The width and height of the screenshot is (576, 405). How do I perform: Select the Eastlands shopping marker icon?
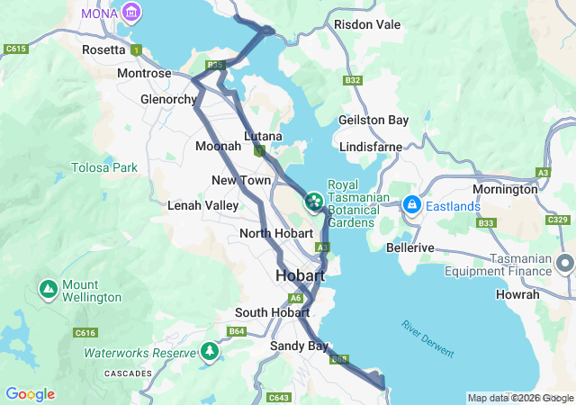pos(411,205)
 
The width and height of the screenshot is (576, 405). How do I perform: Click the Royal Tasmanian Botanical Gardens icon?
pos(315,199)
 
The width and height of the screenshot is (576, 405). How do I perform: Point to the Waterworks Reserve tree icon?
pos(211,350)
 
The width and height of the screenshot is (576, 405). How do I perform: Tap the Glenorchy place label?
pos(168,99)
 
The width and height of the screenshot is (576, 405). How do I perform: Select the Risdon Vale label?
pos(367,24)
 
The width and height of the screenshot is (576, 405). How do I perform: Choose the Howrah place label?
pos(517,294)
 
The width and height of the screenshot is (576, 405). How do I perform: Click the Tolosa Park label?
pos(105,167)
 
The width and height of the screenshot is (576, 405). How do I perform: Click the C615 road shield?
pos(15,49)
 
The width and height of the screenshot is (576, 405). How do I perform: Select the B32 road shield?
pos(353,81)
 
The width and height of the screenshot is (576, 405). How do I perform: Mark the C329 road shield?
pos(555,220)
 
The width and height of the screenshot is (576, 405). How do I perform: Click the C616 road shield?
pos(85,333)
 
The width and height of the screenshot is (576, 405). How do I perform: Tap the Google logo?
pos(30,394)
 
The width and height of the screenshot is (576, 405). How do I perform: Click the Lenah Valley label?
pos(203,205)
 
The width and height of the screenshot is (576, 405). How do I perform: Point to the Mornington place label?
pos(505,190)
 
